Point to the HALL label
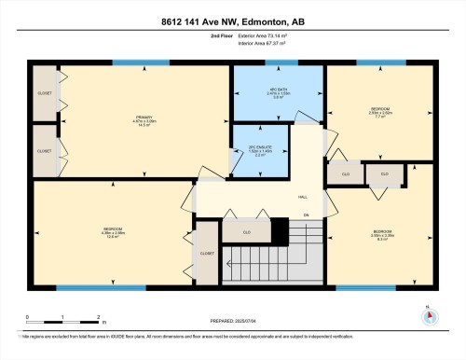pyautogui.click(x=303, y=198)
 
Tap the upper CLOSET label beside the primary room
pyautogui.click(x=44, y=94)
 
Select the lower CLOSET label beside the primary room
pyautogui.click(x=44, y=150)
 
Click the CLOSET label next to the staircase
pyautogui.click(x=207, y=252)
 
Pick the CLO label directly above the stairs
pyautogui.click(x=246, y=231)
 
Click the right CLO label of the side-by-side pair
pyautogui.click(x=383, y=173)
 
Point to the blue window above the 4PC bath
pyautogui.click(x=278, y=62)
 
